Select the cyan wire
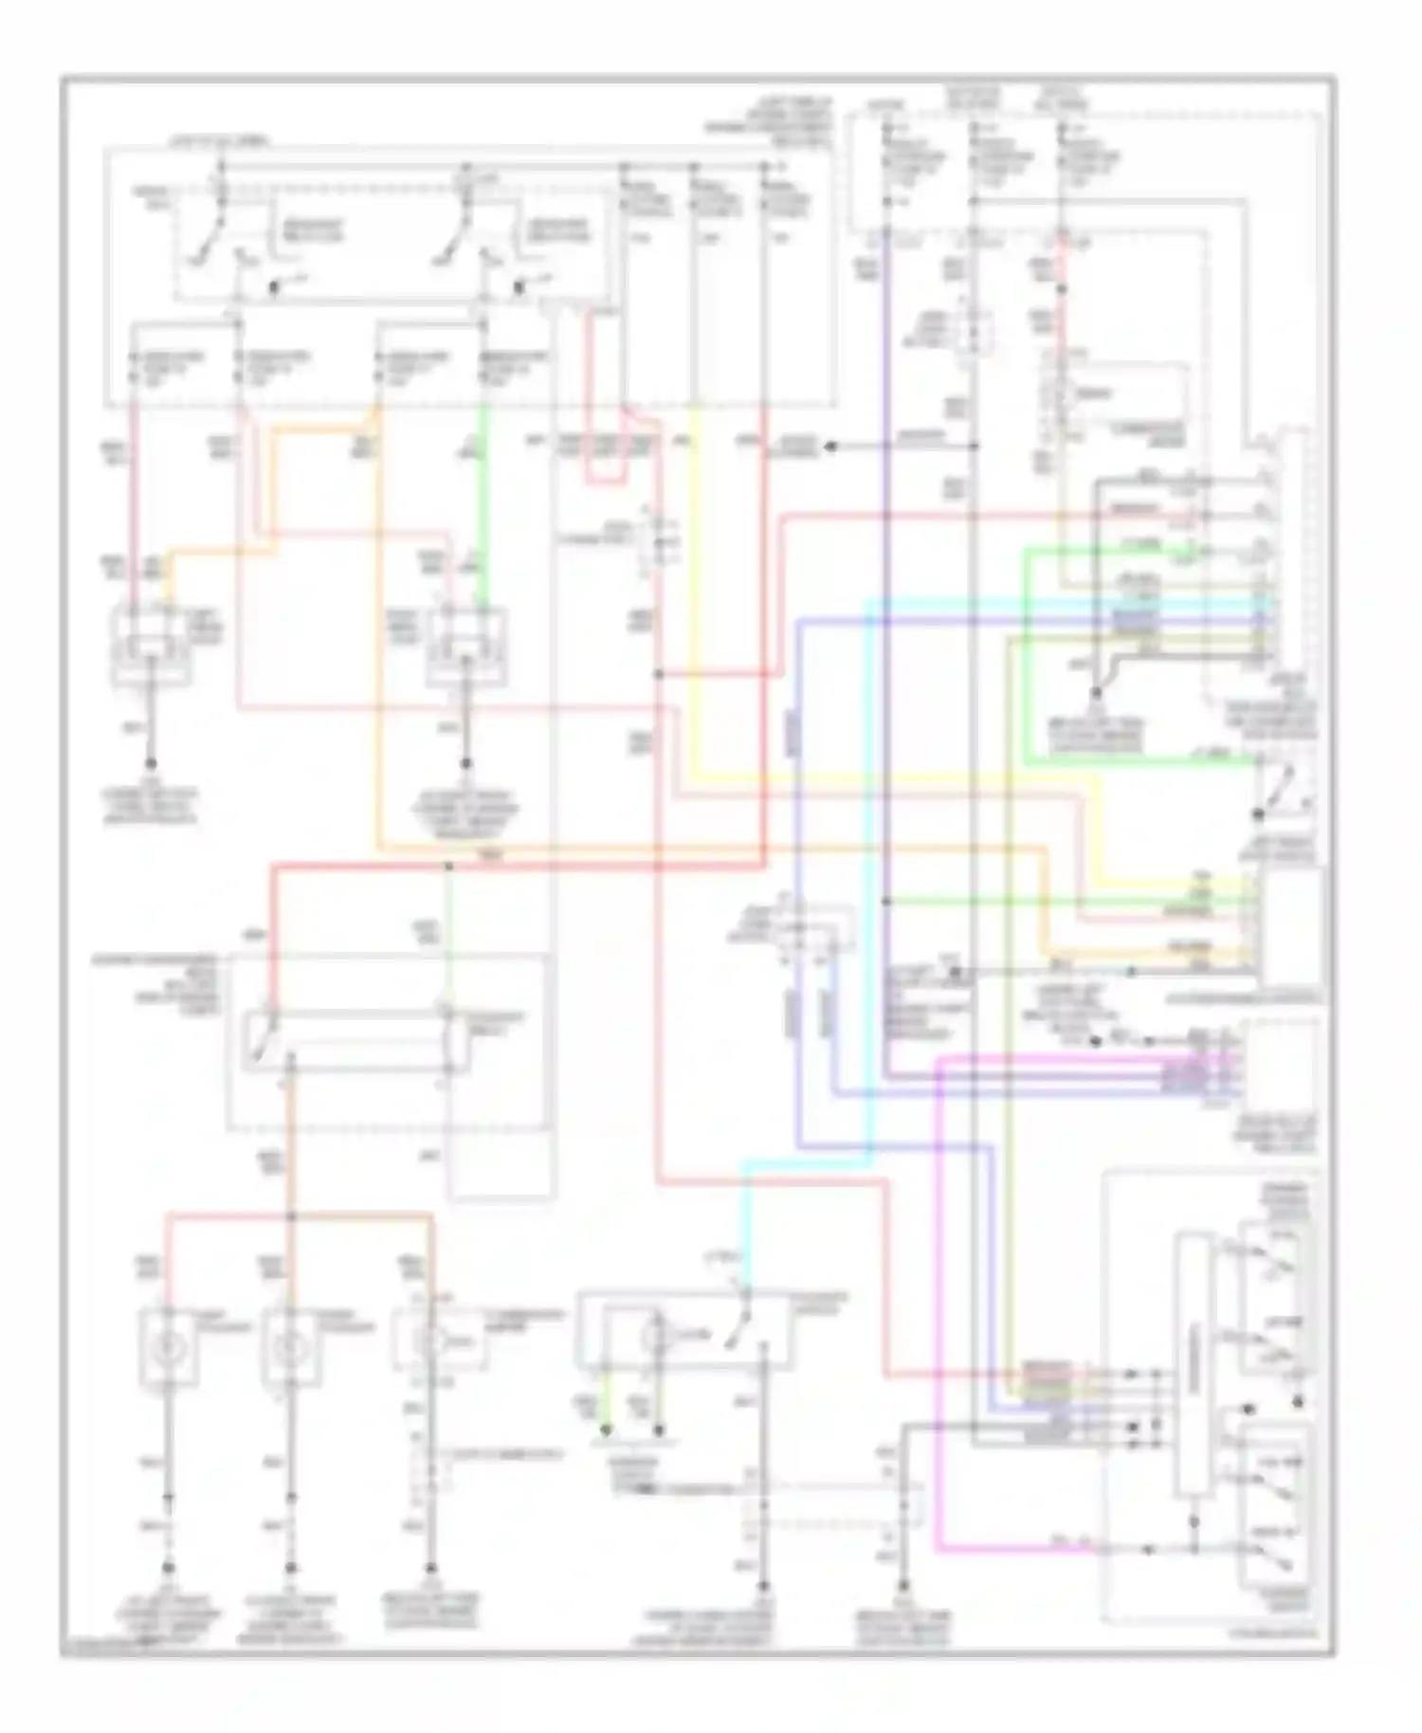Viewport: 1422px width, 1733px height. (x=870, y=853)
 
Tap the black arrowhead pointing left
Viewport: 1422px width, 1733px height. (x=831, y=446)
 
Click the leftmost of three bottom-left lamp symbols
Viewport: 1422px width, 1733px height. (x=168, y=1344)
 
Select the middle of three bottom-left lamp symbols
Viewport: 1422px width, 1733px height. (x=290, y=1344)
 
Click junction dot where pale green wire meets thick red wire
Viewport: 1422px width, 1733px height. (x=448, y=865)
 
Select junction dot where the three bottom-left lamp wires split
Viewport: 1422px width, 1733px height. (x=290, y=1215)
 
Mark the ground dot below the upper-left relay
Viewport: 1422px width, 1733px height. (x=151, y=763)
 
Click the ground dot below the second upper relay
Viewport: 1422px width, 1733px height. (x=466, y=763)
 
